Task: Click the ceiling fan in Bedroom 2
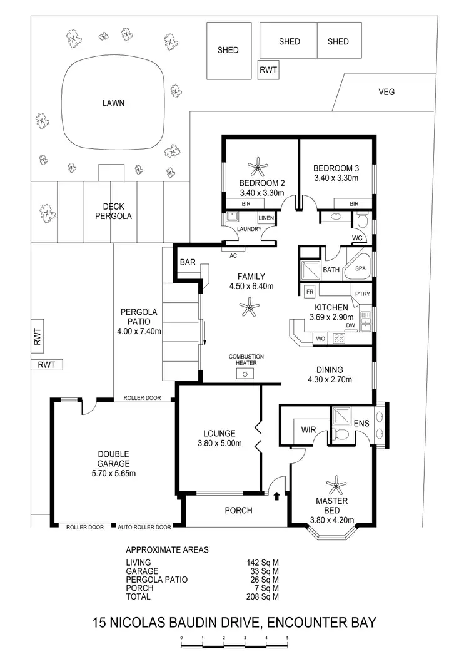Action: click(x=258, y=167)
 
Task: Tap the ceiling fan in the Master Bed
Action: click(x=337, y=484)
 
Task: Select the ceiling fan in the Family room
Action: click(x=250, y=306)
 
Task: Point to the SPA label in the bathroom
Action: click(x=360, y=268)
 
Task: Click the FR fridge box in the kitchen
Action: click(x=309, y=291)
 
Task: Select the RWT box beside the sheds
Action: click(x=268, y=71)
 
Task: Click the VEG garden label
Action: click(x=386, y=92)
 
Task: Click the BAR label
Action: click(x=188, y=263)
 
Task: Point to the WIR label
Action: click(x=308, y=430)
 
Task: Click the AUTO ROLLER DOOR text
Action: click(x=144, y=528)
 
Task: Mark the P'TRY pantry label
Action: click(x=362, y=295)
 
